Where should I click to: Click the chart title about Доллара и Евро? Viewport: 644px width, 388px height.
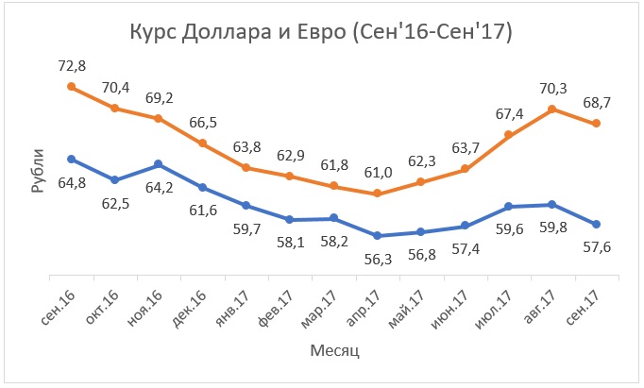321,35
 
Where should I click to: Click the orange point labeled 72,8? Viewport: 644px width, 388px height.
71,86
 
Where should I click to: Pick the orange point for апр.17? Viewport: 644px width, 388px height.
377,194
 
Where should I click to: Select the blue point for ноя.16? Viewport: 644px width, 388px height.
158,164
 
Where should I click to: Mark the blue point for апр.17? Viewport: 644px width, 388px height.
377,236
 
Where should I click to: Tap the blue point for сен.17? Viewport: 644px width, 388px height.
596,224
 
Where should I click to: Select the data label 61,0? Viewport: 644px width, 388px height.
377,173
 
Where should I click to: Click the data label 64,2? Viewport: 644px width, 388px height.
158,185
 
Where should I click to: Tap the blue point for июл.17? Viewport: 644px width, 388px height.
508,206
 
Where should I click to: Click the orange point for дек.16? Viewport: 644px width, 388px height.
202,143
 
